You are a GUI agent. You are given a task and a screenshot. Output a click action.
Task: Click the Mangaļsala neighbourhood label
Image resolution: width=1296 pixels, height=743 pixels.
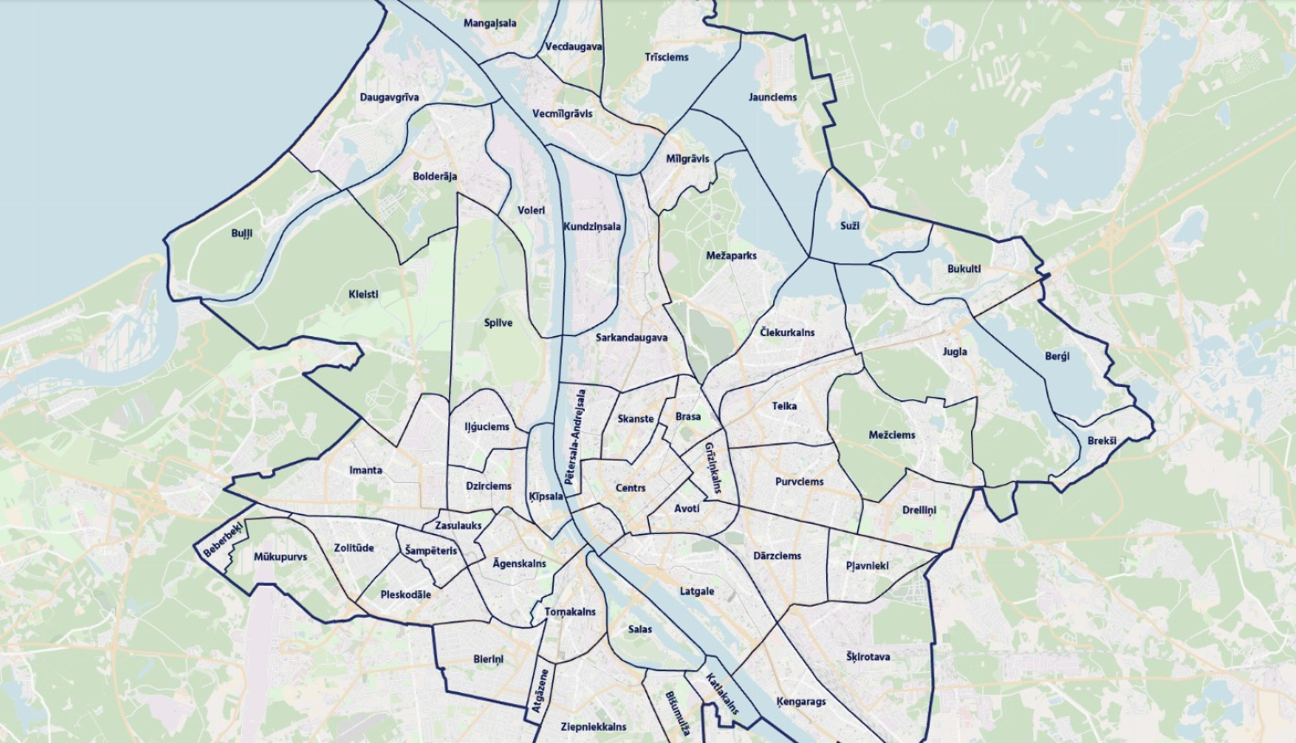(490, 23)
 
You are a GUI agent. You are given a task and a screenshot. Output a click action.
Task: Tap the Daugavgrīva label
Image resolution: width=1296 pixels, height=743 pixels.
(389, 98)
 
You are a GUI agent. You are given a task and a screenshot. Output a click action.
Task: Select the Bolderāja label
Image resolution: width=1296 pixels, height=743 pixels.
(435, 176)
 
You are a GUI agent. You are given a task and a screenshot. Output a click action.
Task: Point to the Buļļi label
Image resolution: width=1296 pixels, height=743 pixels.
(242, 233)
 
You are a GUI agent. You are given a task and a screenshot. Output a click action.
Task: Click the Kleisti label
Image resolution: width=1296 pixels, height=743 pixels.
(363, 294)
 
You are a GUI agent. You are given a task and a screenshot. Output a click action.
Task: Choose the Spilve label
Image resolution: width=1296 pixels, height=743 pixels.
(499, 323)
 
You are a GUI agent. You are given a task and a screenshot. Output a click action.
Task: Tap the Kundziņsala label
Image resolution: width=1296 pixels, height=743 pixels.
(592, 227)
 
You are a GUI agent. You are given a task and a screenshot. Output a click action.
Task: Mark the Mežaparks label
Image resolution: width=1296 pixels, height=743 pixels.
(731, 256)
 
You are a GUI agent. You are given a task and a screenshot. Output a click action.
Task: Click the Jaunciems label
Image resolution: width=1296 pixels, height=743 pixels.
(772, 98)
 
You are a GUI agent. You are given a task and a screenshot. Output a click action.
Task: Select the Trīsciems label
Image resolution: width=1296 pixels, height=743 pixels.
(666, 57)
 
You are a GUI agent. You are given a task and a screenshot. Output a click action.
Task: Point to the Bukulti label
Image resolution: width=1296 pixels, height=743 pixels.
(964, 269)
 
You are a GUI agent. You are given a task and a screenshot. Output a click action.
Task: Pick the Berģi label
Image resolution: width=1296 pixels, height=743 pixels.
(1057, 356)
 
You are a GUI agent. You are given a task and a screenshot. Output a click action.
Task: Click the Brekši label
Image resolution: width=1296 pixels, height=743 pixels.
(1102, 441)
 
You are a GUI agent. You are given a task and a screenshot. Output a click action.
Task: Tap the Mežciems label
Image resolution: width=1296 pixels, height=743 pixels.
(892, 435)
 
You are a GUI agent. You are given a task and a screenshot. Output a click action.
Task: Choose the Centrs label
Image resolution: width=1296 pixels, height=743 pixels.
(631, 488)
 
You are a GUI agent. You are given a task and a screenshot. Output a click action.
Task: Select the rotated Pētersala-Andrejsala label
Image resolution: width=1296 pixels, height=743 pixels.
(575, 435)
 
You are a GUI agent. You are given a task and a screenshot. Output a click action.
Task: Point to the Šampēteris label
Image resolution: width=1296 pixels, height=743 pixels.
(430, 551)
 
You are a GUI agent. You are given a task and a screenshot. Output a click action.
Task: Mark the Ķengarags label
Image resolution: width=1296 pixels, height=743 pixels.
(801, 702)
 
